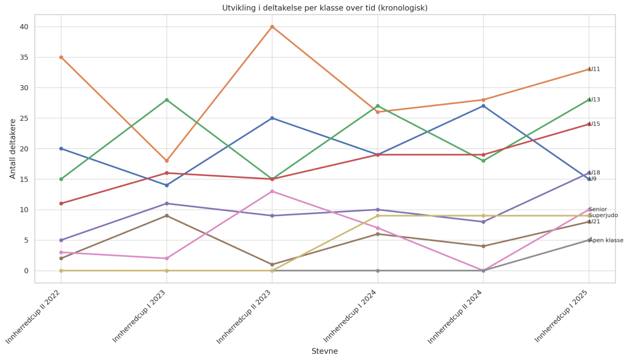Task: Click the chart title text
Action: pos(324,8)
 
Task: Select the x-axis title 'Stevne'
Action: pos(324,351)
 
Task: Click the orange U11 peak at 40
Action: pos(272,27)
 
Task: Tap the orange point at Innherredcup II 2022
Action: pos(61,57)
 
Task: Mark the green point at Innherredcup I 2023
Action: pos(167,100)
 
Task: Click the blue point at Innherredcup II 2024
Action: pos(483,106)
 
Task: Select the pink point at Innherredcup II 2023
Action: pos(272,191)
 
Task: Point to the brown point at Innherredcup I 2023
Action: pos(167,216)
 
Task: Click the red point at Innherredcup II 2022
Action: pos(61,204)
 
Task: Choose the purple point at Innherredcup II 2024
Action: pos(483,221)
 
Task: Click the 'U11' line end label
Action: pos(594,69)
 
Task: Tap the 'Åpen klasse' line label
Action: pos(606,240)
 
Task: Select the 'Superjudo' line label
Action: pos(603,215)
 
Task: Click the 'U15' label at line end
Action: pos(594,124)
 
